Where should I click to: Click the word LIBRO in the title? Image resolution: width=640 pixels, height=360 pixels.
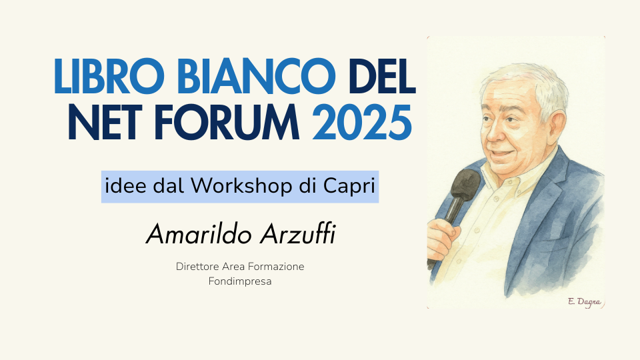click(109, 76)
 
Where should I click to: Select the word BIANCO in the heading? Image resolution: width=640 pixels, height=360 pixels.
click(257, 76)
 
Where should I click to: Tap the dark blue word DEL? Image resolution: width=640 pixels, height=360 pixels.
click(383, 76)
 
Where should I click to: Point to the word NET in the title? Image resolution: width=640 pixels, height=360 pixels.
click(105, 122)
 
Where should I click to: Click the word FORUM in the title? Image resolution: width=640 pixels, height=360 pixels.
click(227, 122)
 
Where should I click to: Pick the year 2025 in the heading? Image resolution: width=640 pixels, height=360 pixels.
click(362, 122)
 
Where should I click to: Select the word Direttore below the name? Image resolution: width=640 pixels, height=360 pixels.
click(197, 267)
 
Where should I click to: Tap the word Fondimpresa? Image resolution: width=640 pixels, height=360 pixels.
click(240, 281)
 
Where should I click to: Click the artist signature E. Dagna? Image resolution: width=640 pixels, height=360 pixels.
click(585, 302)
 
